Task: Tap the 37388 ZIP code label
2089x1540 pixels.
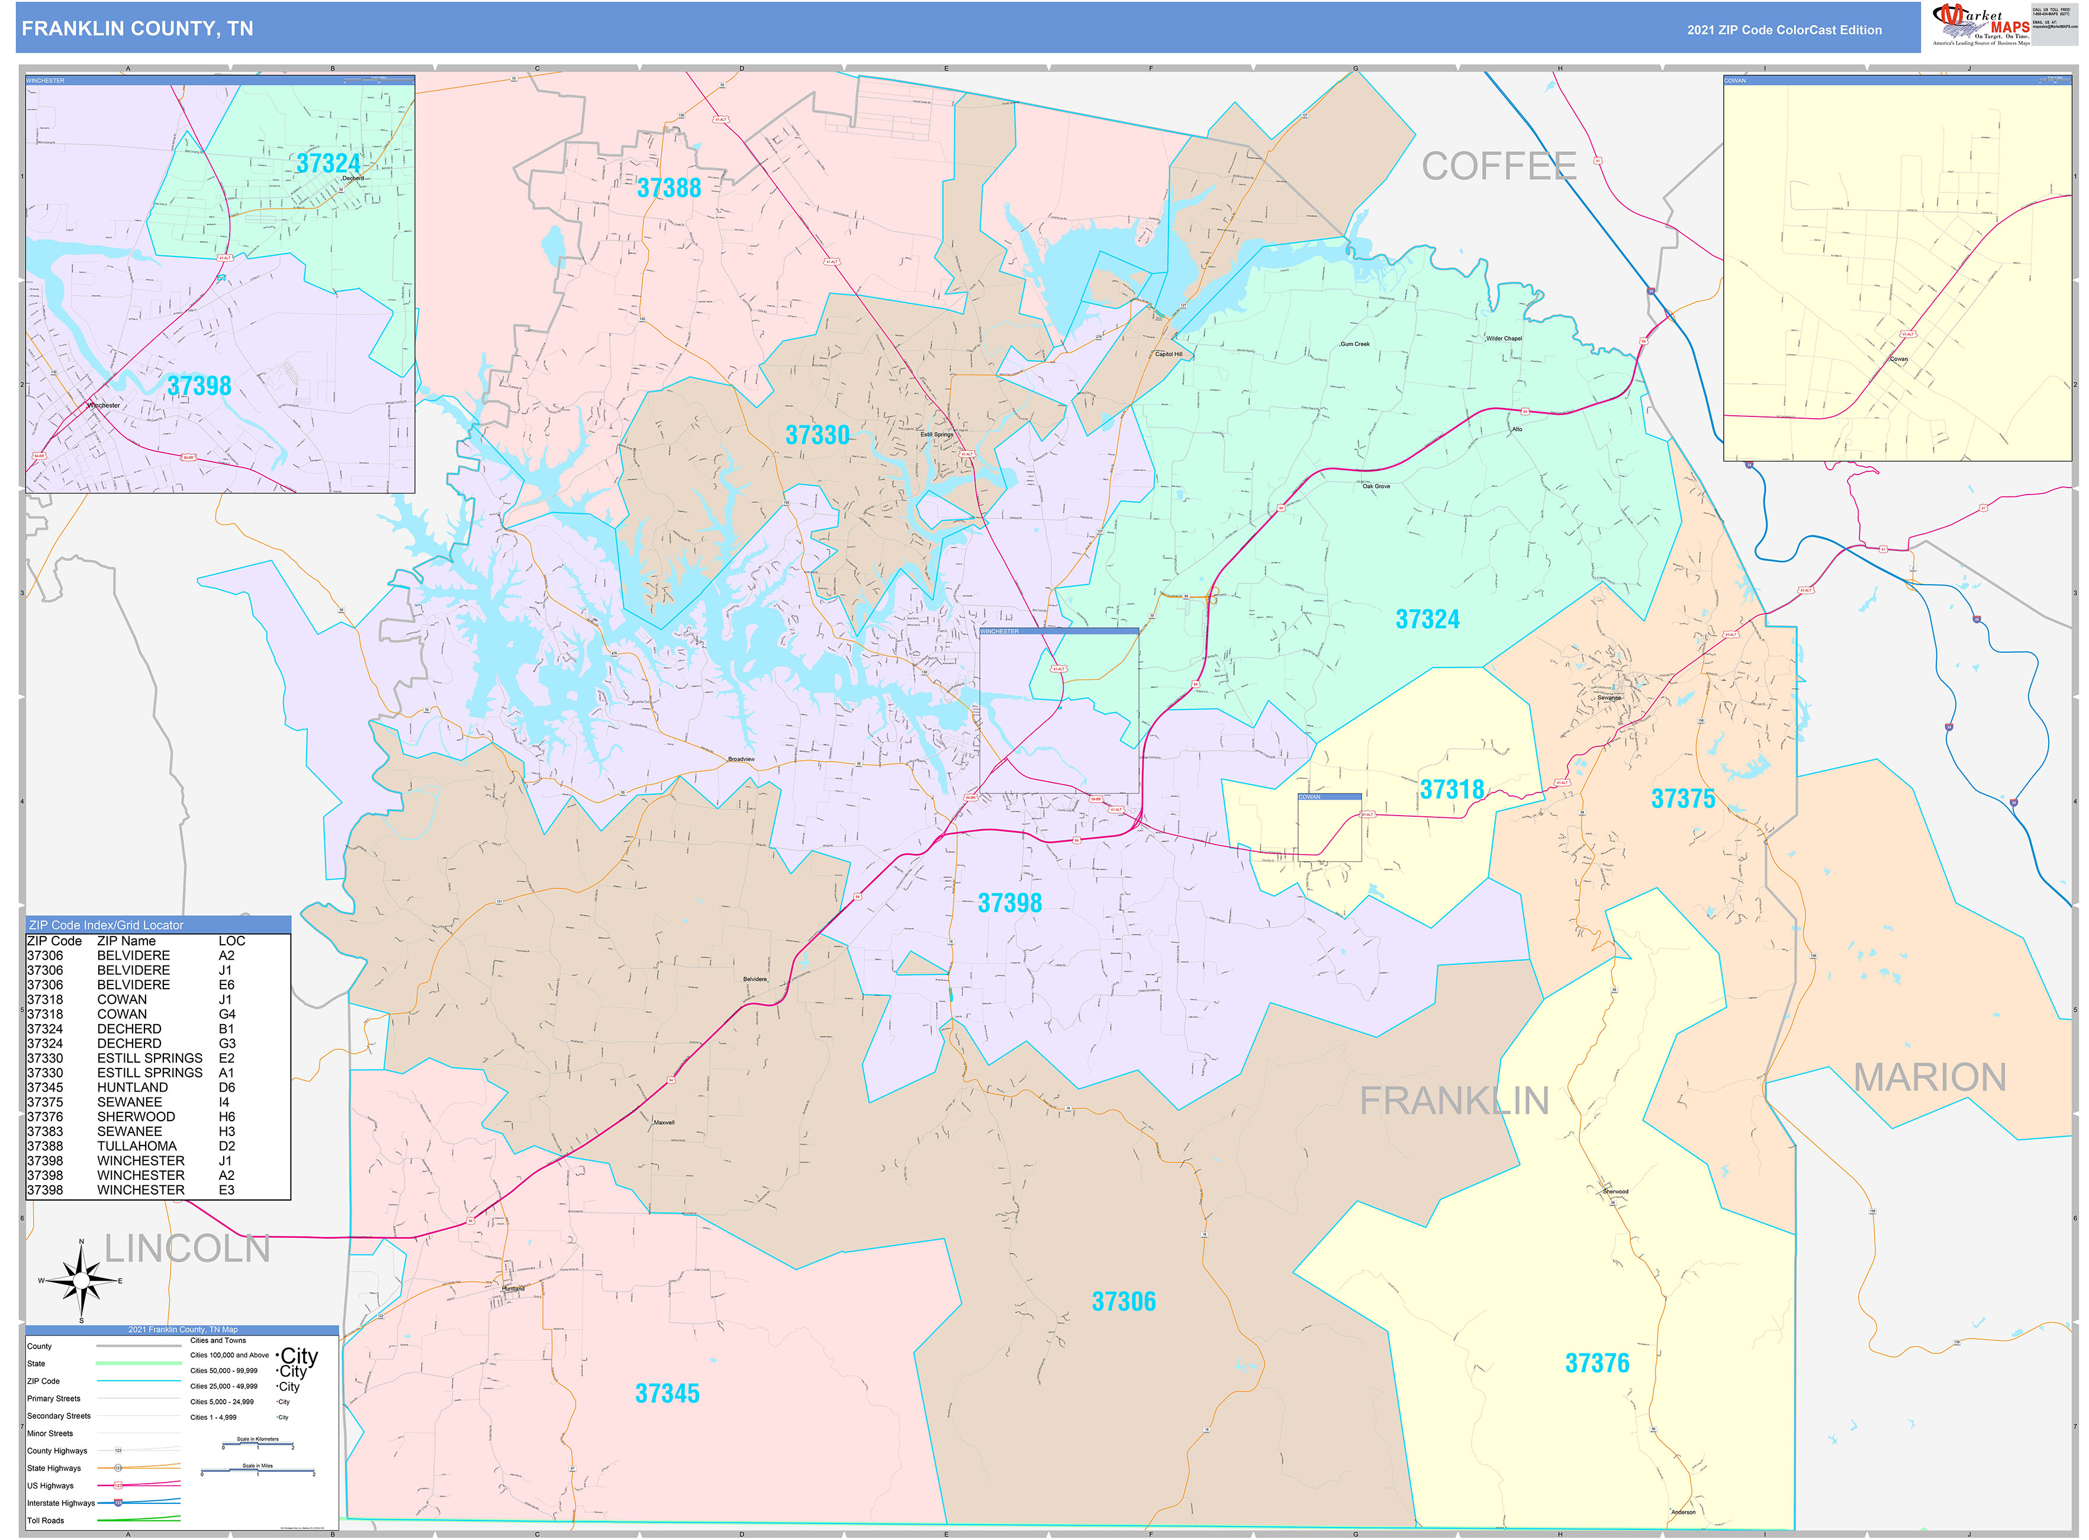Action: pyautogui.click(x=668, y=188)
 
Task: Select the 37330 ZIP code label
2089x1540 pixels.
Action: pyautogui.click(x=817, y=435)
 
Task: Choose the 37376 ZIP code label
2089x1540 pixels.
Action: pyautogui.click(x=1596, y=1363)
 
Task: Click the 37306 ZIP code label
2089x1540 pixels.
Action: pyautogui.click(x=1123, y=1301)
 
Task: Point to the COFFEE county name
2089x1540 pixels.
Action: pyautogui.click(x=1498, y=167)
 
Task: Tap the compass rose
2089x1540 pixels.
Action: pyautogui.click(x=82, y=1281)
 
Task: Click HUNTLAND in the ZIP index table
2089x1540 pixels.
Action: pyautogui.click(x=133, y=1087)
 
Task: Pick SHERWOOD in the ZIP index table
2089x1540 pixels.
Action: pyautogui.click(x=136, y=1116)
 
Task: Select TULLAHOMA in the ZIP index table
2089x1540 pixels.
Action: pyautogui.click(x=136, y=1146)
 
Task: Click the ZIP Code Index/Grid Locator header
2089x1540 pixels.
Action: pyautogui.click(x=106, y=925)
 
